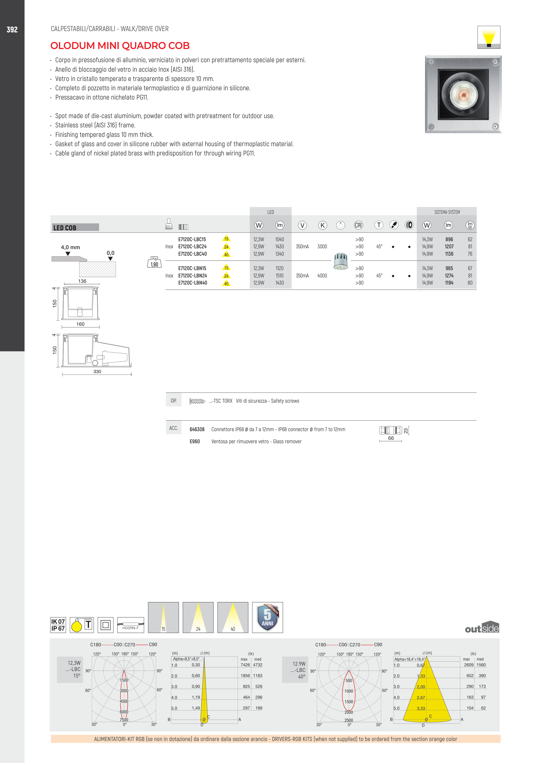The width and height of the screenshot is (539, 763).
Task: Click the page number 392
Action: point(12,30)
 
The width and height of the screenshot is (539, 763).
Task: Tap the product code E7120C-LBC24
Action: point(192,247)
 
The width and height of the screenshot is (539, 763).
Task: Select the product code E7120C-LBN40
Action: point(192,283)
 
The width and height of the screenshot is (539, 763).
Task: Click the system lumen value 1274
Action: point(449,275)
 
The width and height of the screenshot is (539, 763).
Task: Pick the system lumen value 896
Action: point(449,239)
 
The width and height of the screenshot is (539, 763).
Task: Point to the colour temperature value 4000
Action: point(322,275)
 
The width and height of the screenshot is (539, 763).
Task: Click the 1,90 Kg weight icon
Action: point(154,262)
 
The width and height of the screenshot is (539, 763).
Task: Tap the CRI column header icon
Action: point(358,225)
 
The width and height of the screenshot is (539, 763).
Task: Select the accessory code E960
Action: point(195,441)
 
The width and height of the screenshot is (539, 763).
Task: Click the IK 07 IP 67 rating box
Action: point(58,625)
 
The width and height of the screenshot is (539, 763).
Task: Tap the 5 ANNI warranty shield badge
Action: point(267,617)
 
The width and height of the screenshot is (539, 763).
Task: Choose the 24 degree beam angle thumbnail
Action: point(198,617)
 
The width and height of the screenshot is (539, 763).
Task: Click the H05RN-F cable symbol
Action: point(131,625)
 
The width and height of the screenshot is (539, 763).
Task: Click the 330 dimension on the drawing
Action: point(97,372)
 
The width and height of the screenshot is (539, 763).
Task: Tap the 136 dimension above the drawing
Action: point(82,281)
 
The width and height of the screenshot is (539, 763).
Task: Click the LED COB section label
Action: point(65,228)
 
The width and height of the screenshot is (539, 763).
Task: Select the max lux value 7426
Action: point(245,665)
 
